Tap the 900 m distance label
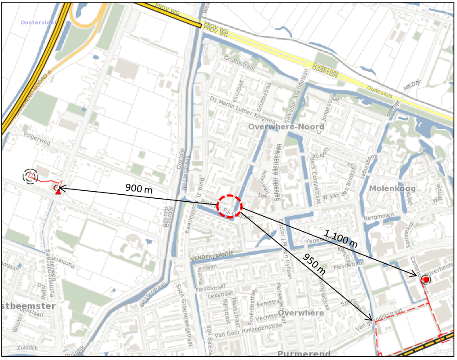click(139, 189)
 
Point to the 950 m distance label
click(314, 264)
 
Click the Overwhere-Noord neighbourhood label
click(286, 127)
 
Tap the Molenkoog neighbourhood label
click(392, 189)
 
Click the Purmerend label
click(304, 354)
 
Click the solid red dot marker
click(426, 280)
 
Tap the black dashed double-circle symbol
click(30, 176)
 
